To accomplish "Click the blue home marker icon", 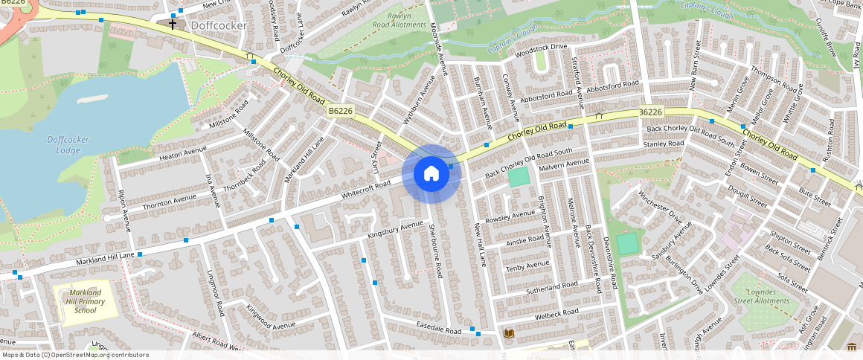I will click(x=431, y=174).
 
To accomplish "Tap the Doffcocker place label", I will click(x=219, y=25).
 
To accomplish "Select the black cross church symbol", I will click(x=173, y=25).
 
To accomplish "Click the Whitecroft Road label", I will click(x=366, y=187).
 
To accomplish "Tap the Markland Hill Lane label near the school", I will click(x=105, y=260).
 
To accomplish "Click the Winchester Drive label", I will click(x=659, y=208).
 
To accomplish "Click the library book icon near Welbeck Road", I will click(x=509, y=333).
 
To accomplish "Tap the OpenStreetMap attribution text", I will click(x=75, y=355).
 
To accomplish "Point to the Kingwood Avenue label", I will click(x=271, y=316).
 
